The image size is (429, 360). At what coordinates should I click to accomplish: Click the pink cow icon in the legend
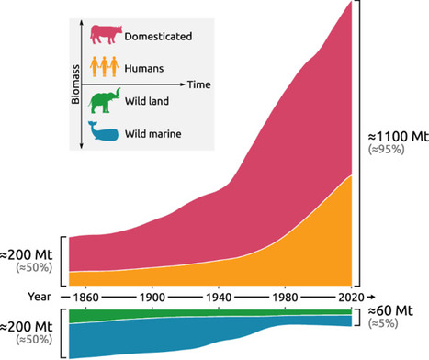tap(105, 33)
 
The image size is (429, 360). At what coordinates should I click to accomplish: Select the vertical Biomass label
tap(78, 84)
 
